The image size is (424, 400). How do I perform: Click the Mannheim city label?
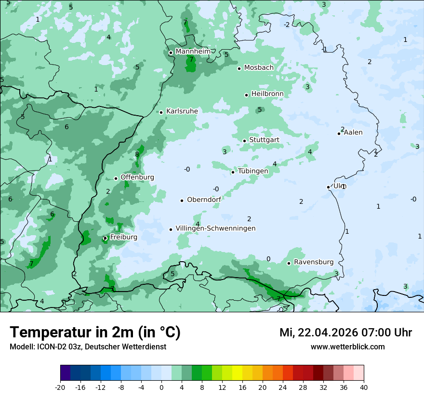pos(193,51)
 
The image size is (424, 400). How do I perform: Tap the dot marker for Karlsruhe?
pos(161,112)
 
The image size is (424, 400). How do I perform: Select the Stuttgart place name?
pos(264,140)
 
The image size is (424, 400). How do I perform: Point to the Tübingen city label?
pos(253,171)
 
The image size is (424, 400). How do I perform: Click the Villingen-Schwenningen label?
pos(215,228)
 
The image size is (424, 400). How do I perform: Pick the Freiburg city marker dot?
pos(105,238)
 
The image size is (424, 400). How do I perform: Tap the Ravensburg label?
pos(314,262)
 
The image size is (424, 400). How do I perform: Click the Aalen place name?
pos(353,133)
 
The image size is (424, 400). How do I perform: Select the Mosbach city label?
pos(259,68)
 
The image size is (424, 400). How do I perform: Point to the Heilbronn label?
pos(267,94)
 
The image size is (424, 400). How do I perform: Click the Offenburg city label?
pos(137,177)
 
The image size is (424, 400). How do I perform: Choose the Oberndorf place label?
pos(204,200)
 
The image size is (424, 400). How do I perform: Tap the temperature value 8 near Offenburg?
pos(137,155)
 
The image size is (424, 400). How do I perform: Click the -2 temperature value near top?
pos(287,25)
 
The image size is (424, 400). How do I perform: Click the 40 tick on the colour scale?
pos(364,387)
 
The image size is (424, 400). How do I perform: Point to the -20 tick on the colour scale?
pos(60,387)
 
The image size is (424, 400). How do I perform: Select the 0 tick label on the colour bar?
pos(161,387)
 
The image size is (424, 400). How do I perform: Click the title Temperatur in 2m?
pos(95,332)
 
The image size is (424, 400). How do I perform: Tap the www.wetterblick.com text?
pos(347,347)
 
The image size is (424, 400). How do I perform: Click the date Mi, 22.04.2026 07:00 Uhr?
pos(345,333)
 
